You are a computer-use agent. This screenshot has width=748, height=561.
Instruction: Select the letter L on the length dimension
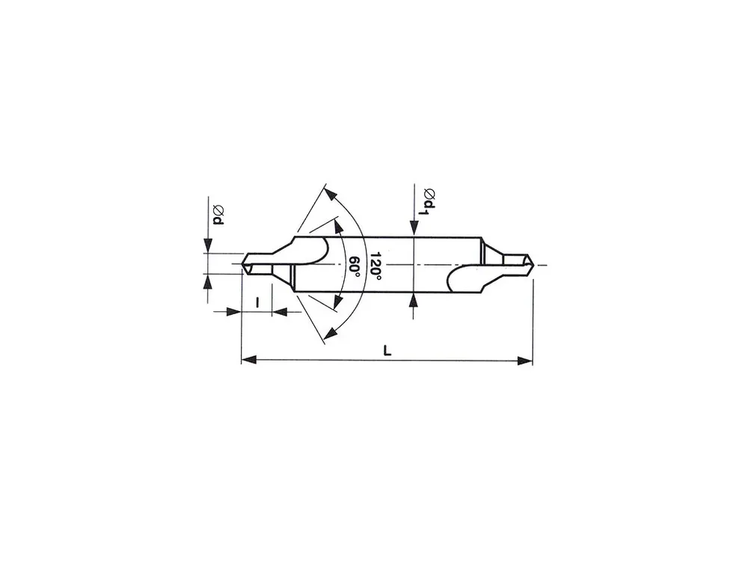click(x=387, y=351)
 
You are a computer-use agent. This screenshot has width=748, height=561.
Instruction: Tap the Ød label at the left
click(x=218, y=215)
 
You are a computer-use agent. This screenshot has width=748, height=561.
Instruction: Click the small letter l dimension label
click(x=257, y=302)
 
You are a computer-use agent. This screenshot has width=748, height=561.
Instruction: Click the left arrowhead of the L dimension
click(x=248, y=360)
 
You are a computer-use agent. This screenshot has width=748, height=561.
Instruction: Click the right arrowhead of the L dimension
click(x=525, y=361)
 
